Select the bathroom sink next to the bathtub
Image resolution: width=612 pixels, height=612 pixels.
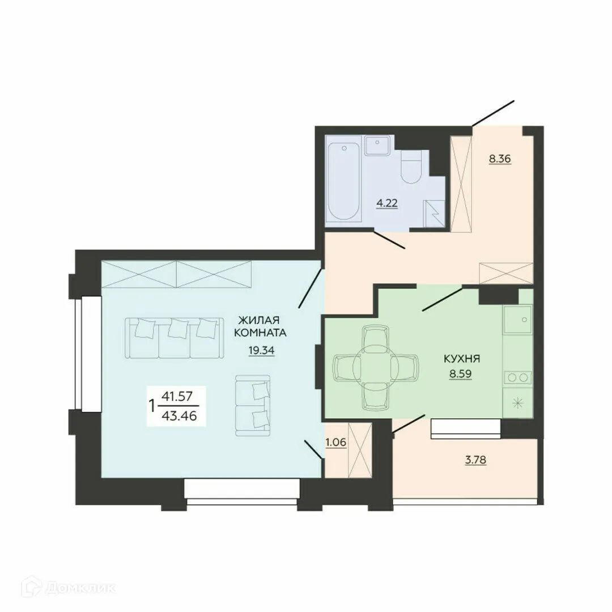point(376,146)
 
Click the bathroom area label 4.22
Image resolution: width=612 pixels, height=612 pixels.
point(388,202)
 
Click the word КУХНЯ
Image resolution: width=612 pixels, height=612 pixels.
point(462,359)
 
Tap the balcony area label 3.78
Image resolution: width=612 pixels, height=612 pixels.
point(476,460)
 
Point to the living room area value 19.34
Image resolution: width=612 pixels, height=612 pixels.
point(261,350)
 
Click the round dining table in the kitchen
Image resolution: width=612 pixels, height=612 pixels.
point(376,367)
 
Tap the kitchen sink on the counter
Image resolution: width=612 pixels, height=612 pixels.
point(517,320)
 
